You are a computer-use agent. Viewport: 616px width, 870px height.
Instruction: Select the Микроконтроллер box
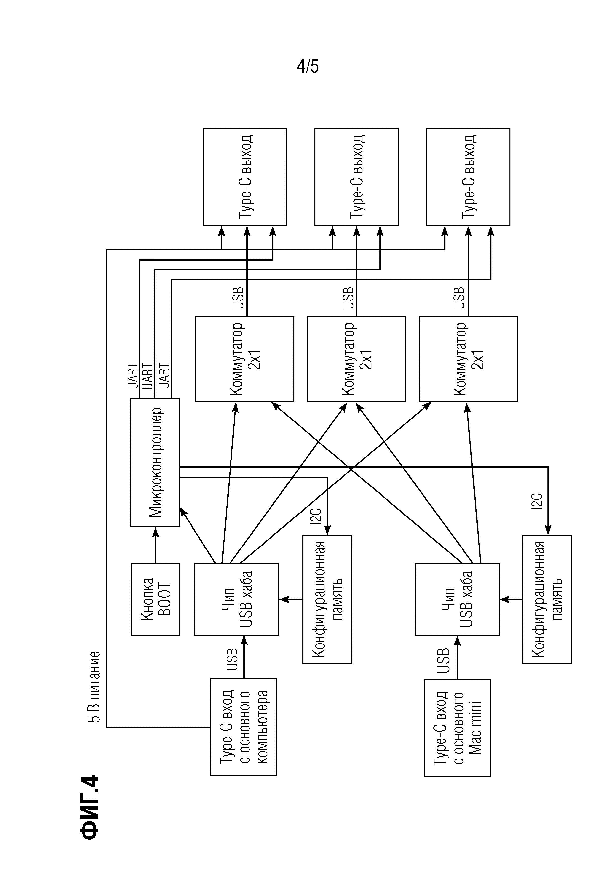(x=155, y=462)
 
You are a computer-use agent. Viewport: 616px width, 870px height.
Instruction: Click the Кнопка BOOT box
(x=155, y=599)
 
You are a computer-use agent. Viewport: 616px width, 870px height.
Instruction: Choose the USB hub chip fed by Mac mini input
(x=457, y=599)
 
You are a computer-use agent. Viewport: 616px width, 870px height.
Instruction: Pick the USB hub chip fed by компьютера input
(x=237, y=599)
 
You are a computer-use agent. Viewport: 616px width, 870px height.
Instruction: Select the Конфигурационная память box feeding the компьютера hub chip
(x=327, y=599)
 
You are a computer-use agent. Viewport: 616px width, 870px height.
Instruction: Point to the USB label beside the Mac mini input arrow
(x=443, y=661)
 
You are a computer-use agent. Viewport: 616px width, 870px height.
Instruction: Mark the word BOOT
(x=164, y=599)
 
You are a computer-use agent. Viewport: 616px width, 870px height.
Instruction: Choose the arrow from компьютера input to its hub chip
(x=244, y=657)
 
